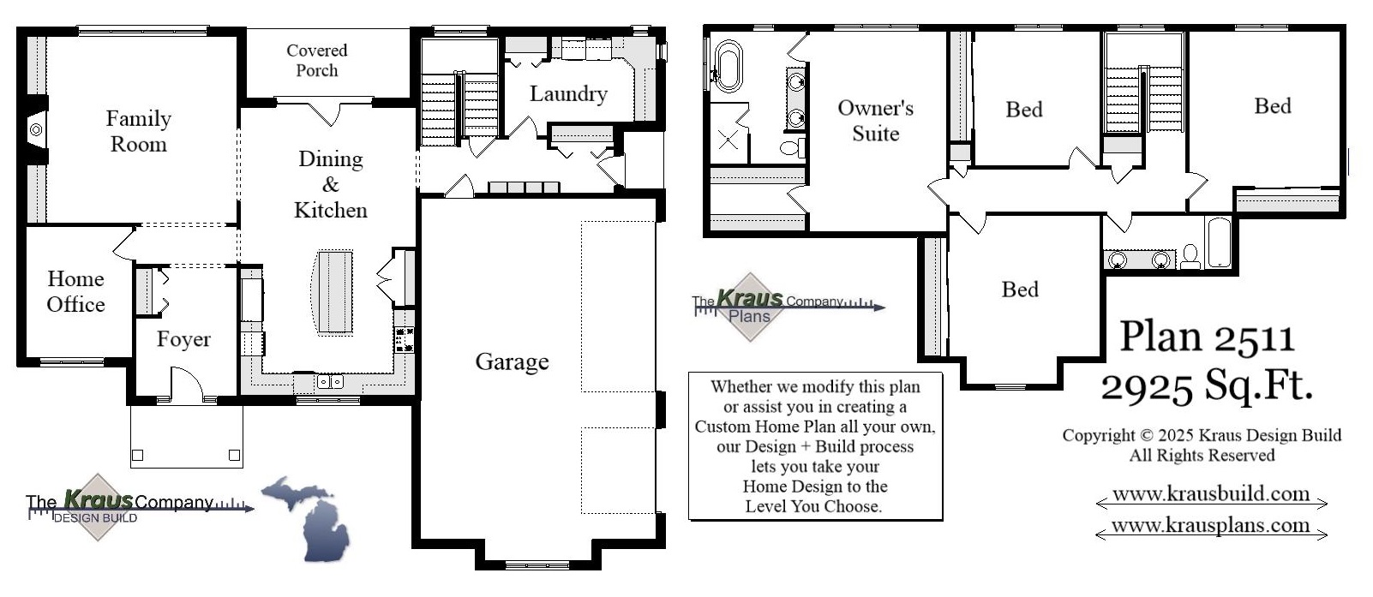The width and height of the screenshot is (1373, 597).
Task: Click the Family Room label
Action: tap(138, 131)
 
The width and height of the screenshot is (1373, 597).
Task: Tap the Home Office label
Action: tap(75, 291)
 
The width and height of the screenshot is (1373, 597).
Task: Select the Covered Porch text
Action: tap(316, 60)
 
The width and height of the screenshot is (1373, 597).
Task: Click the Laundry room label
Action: tap(568, 93)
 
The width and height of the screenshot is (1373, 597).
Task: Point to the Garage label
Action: tap(512, 361)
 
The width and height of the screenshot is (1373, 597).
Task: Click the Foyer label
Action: tap(183, 339)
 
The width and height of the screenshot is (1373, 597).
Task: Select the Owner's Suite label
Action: tap(875, 121)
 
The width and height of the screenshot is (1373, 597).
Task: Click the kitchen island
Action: tap(334, 292)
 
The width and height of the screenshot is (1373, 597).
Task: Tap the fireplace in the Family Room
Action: tap(36, 130)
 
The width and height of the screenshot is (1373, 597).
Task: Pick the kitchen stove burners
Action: tap(405, 340)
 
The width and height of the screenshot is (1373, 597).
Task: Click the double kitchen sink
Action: tap(330, 382)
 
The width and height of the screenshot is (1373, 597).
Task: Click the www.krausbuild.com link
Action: tap(1210, 494)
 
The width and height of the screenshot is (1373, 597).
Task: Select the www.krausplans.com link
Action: tap(1210, 525)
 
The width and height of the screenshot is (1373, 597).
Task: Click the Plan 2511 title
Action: tap(1207, 336)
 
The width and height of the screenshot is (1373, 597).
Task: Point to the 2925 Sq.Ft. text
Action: tap(1207, 385)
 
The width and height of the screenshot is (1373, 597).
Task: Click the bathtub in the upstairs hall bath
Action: tap(1218, 243)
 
